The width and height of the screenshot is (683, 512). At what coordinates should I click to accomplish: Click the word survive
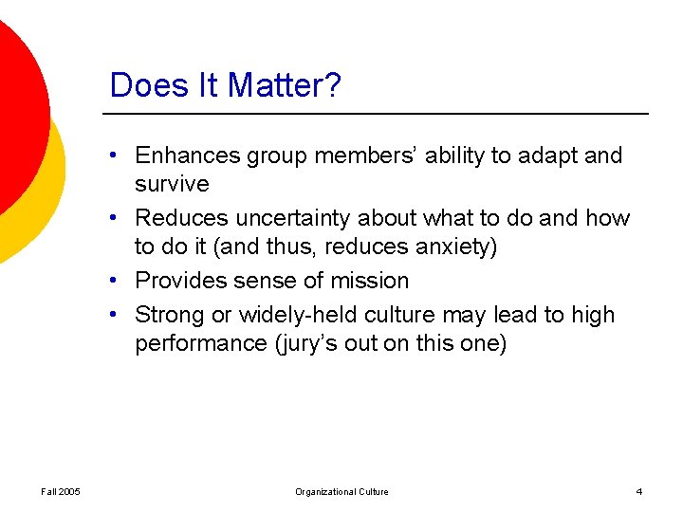(172, 183)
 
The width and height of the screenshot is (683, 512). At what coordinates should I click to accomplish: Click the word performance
(198, 343)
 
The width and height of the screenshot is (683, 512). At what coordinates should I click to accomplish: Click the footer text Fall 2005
(61, 491)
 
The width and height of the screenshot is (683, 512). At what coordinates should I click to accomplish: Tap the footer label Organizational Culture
(341, 491)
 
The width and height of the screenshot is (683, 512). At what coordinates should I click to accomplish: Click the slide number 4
(639, 491)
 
